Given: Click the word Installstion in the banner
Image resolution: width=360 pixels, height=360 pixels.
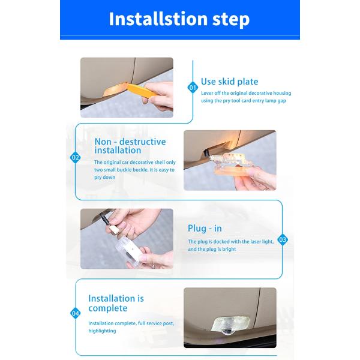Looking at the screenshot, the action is tap(158, 19).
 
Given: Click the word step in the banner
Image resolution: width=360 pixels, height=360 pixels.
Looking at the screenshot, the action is tap(231, 20).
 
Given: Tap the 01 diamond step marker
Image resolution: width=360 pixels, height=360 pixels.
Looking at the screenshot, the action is tap(193, 88).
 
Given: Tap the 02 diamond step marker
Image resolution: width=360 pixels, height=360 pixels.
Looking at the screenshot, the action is tap(76, 157).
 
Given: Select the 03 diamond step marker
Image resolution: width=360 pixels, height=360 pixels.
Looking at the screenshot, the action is tap(283, 239).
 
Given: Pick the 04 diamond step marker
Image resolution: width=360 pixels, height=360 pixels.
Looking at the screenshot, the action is tap(76, 313).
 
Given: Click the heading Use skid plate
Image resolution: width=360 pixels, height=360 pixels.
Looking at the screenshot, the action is tap(229, 82).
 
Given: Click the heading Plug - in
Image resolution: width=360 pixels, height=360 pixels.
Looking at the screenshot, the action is tap(205, 229).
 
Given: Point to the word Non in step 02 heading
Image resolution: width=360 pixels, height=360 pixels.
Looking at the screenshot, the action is tap(103, 142).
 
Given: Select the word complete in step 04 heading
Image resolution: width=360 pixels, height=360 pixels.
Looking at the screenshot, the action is tap(107, 308).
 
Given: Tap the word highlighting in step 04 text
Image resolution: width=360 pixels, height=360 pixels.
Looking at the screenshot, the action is tap(102, 331).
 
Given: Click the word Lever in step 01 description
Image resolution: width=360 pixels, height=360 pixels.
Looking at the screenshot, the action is tap(207, 93).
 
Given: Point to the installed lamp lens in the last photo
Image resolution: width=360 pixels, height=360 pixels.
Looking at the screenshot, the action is tap(230, 325).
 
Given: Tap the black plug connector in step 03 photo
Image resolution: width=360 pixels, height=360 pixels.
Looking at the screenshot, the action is tap(105, 219).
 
